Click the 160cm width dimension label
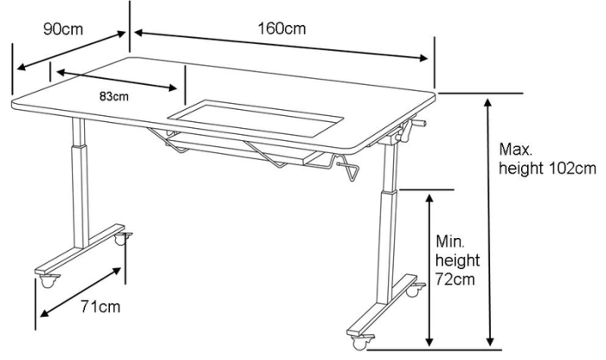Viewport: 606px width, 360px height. coord(281,29)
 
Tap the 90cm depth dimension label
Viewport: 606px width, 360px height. coord(63,29)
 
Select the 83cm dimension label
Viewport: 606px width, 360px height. coord(114,96)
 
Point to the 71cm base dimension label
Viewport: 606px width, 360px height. coord(100,306)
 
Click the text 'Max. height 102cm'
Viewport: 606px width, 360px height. coord(547,158)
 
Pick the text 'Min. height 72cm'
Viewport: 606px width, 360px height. coord(458,260)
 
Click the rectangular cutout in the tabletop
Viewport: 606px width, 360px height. coord(255,119)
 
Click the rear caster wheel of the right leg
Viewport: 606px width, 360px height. coord(415,290)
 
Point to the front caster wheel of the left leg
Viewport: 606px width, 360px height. coord(48,281)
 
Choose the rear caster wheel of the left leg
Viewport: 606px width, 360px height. coord(122,239)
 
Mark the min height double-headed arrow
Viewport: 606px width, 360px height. coord(429,270)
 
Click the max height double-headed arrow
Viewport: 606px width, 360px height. coord(489,222)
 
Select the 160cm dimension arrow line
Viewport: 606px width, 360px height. coord(281,46)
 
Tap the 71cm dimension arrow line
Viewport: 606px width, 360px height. coord(81,292)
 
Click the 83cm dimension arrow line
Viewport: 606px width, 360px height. coord(117,80)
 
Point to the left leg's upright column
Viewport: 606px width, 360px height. coord(80,183)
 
